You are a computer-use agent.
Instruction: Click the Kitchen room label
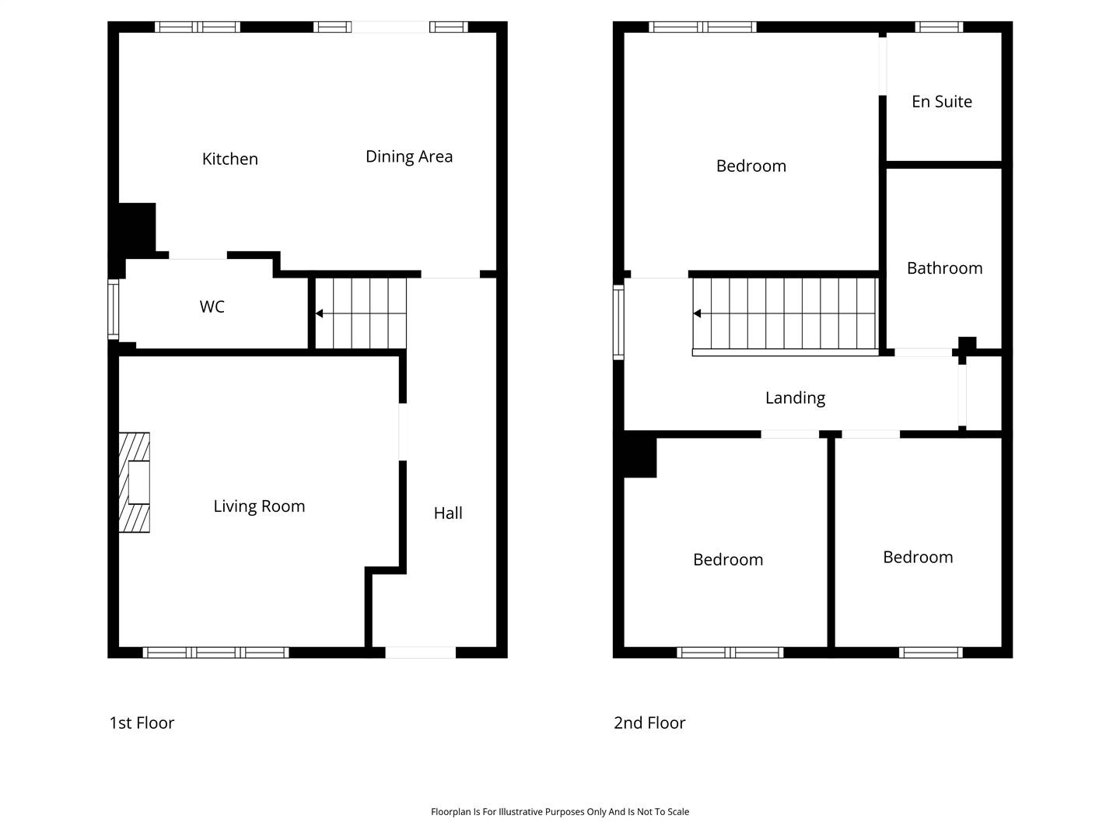(229, 159)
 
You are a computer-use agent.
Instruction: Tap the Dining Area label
(408, 156)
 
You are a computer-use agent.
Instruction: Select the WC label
(212, 306)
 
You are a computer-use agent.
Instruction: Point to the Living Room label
(259, 506)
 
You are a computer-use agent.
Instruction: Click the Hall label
(448, 513)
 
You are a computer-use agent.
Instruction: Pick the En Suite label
(941, 101)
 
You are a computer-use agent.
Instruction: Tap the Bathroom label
(944, 268)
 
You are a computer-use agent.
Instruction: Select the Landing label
(795, 397)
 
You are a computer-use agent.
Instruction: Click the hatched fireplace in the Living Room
(135, 482)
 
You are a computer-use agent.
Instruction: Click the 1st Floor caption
(142, 723)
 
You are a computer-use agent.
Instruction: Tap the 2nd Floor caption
(649, 723)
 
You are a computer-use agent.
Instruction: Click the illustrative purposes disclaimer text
(560, 811)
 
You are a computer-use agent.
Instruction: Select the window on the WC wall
(114, 309)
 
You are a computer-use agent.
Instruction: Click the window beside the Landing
(618, 322)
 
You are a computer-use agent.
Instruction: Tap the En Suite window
(938, 27)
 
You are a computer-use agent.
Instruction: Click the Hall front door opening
(421, 653)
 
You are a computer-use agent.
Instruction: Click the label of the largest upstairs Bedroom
(751, 166)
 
